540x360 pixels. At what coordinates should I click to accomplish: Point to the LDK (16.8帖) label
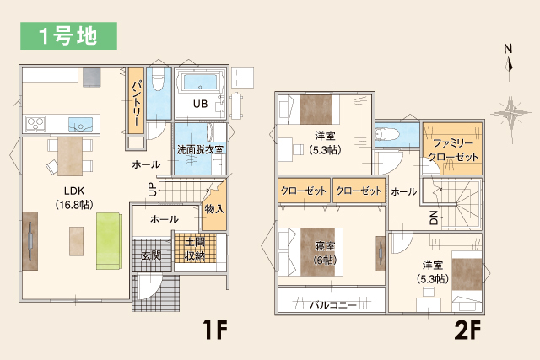click(73, 197)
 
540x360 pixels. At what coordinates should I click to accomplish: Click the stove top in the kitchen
click(35, 124)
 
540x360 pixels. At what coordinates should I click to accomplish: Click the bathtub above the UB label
click(199, 83)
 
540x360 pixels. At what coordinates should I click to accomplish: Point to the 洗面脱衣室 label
click(200, 149)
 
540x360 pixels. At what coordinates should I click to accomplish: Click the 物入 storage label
click(214, 208)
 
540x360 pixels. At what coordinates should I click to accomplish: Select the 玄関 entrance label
click(151, 255)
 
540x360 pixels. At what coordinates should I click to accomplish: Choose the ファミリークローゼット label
click(452, 148)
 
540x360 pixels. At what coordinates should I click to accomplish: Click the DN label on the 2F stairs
click(433, 218)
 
